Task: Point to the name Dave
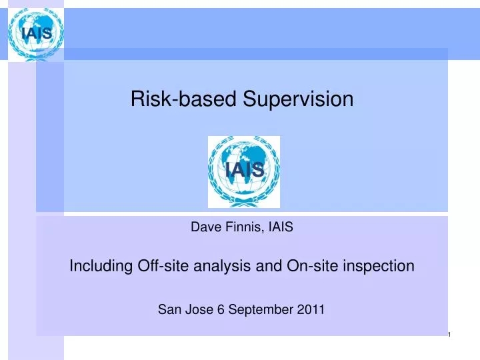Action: (205, 227)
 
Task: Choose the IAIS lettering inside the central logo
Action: (244, 172)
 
